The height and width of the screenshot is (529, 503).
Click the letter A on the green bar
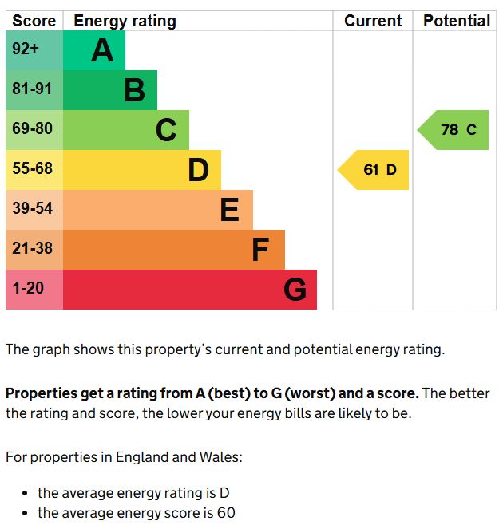coord(102,51)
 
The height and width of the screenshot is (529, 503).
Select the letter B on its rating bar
coord(134,91)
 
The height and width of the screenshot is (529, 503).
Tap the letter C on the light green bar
coord(166,130)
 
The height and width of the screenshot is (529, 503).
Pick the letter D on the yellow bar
coord(198,170)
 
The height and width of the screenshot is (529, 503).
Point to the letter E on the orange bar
coord(229,210)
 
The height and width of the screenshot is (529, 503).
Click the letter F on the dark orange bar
coord(260,250)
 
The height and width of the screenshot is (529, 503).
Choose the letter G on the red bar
coord(295,290)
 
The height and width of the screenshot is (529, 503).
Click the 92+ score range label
coord(26,49)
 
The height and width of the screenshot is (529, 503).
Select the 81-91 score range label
coord(32,89)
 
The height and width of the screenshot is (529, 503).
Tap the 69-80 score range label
coord(32,129)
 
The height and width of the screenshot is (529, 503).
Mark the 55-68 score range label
coord(32,169)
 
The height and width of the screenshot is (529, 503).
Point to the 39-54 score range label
coord(32,209)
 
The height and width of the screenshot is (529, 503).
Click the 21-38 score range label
coord(32,249)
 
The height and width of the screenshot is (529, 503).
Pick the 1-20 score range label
coord(28,288)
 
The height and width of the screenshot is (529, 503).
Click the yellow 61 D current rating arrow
coord(375,170)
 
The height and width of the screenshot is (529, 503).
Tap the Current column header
coord(373,22)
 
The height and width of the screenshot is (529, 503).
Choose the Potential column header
coord(456,22)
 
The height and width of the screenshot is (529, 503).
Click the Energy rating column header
coord(125,22)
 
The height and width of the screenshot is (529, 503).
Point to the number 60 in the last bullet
coord(225,514)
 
